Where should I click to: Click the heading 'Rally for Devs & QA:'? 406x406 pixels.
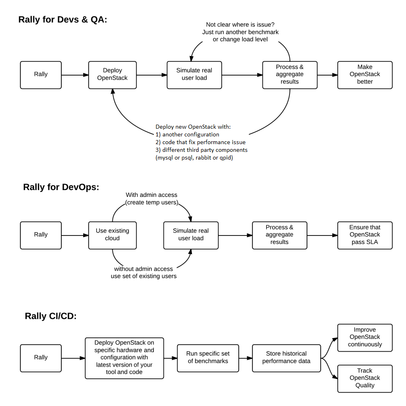pos(63,19)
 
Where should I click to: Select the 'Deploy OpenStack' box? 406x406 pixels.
pos(112,75)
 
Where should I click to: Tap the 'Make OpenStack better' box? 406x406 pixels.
pos(365,75)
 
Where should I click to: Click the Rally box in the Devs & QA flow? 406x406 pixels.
pos(41,75)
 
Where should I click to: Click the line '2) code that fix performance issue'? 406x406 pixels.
pos(201,142)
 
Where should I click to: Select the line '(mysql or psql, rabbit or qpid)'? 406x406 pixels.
pos(194,158)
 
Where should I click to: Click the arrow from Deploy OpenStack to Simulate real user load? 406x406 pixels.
pos(151,75)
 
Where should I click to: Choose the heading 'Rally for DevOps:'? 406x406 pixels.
pos(61,187)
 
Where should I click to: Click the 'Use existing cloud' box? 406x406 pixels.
pos(112,235)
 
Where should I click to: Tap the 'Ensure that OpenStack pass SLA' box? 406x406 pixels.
pos(365,235)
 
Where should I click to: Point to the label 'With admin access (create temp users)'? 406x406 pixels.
pos(151,199)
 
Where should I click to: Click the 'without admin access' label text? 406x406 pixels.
pos(143,269)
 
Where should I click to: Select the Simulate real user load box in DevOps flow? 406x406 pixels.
pos(191,235)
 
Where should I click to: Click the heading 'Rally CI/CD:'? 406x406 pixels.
pos(51,316)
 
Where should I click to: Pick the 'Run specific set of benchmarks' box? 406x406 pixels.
pos(208,358)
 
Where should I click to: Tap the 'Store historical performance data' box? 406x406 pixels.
pos(286,358)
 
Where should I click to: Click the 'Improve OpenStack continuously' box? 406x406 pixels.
pos(365,337)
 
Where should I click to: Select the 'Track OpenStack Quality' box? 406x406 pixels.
pos(365,378)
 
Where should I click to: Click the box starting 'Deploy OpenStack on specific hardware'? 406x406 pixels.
pos(124,358)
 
